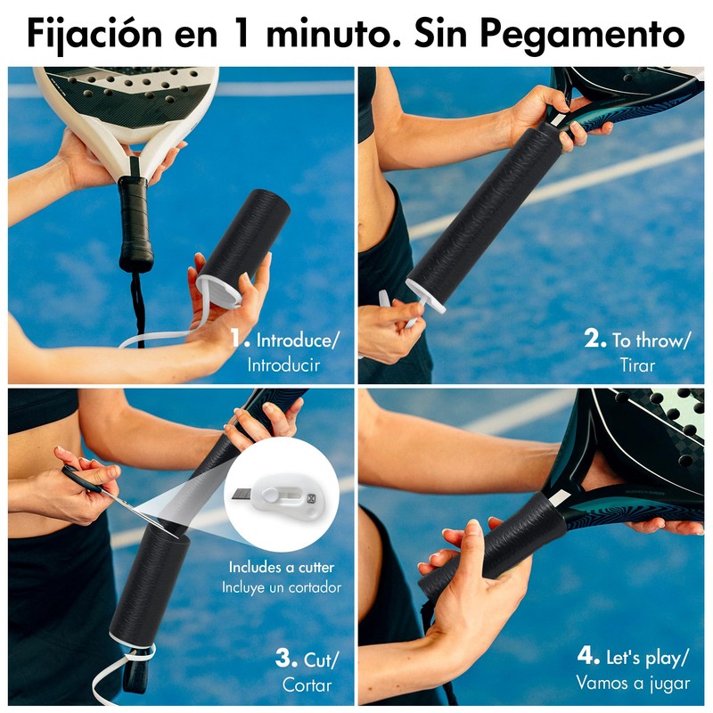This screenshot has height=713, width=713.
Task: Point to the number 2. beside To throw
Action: pyautogui.click(x=594, y=339)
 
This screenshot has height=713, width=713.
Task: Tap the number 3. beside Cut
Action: pyautogui.click(x=285, y=659)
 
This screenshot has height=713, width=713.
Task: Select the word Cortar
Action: pyautogui.click(x=307, y=684)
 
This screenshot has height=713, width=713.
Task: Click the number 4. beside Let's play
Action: pyautogui.click(x=588, y=658)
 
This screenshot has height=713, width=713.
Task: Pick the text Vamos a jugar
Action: pyautogui.click(x=632, y=684)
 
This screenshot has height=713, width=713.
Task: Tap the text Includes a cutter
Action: pyautogui.click(x=283, y=568)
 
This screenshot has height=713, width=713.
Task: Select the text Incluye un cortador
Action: pyautogui.click(x=282, y=587)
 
